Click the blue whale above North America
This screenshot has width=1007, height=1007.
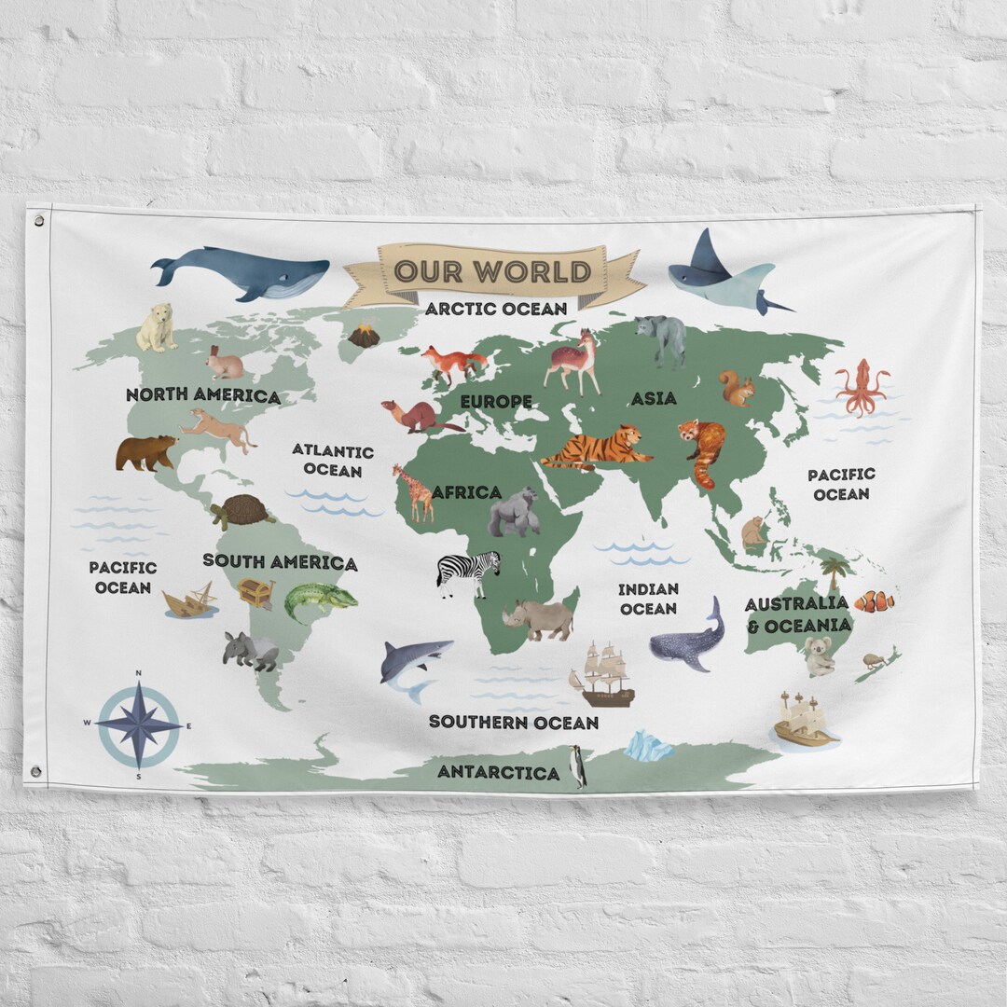(244, 271)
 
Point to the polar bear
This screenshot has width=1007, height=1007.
(157, 327)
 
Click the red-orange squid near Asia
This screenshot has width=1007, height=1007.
(860, 385)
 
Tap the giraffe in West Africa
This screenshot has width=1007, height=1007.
(413, 491)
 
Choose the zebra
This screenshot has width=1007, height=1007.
(468, 571)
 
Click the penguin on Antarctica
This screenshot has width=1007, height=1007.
(579, 766)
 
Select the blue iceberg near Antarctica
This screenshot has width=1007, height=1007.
(648, 747)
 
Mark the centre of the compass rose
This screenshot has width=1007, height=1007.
(139, 724)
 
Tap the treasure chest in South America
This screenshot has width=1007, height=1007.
(255, 593)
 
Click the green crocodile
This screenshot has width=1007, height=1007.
(318, 600)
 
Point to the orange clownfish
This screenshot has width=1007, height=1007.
(875, 601)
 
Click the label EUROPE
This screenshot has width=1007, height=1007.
(496, 402)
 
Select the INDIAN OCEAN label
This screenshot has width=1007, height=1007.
(648, 599)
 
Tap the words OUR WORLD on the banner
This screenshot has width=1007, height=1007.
(492, 271)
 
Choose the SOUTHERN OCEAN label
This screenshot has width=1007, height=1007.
(514, 722)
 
